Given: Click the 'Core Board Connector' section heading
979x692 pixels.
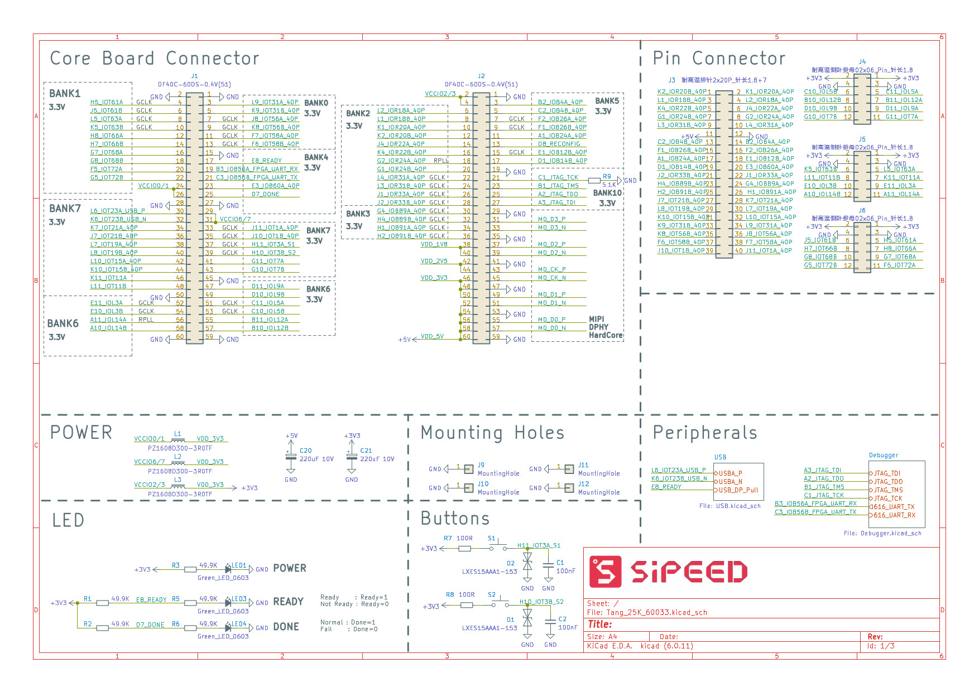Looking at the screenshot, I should click(x=155, y=59).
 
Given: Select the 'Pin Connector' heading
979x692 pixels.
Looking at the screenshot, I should click(x=719, y=59).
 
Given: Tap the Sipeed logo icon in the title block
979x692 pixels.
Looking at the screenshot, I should click(x=606, y=572).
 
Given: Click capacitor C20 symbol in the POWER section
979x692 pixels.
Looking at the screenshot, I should click(x=291, y=457).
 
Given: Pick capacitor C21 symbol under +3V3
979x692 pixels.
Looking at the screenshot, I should click(x=352, y=457).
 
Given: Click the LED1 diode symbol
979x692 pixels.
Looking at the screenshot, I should click(x=228, y=569).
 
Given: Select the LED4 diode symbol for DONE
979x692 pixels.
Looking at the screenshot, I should click(x=228, y=628).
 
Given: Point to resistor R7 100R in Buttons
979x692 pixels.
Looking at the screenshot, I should click(x=464, y=549).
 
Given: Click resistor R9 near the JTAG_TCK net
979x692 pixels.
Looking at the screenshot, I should click(x=594, y=180).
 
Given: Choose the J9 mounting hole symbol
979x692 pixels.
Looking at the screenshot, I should click(x=468, y=469).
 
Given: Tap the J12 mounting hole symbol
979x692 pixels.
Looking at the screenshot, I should click(x=568, y=488).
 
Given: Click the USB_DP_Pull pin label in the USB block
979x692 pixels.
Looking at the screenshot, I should click(x=738, y=490).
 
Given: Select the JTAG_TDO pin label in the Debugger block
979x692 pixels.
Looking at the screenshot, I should click(x=888, y=482).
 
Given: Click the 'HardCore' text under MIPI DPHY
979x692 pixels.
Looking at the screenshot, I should click(x=606, y=335).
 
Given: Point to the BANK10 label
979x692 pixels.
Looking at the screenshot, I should click(x=607, y=193).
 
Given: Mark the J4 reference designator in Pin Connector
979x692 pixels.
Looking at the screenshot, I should click(x=862, y=62).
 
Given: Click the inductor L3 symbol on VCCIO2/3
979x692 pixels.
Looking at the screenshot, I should click(x=178, y=485).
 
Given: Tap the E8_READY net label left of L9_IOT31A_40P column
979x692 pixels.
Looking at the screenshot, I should click(x=266, y=161).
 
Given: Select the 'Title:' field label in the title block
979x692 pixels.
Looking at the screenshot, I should click(x=599, y=625).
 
